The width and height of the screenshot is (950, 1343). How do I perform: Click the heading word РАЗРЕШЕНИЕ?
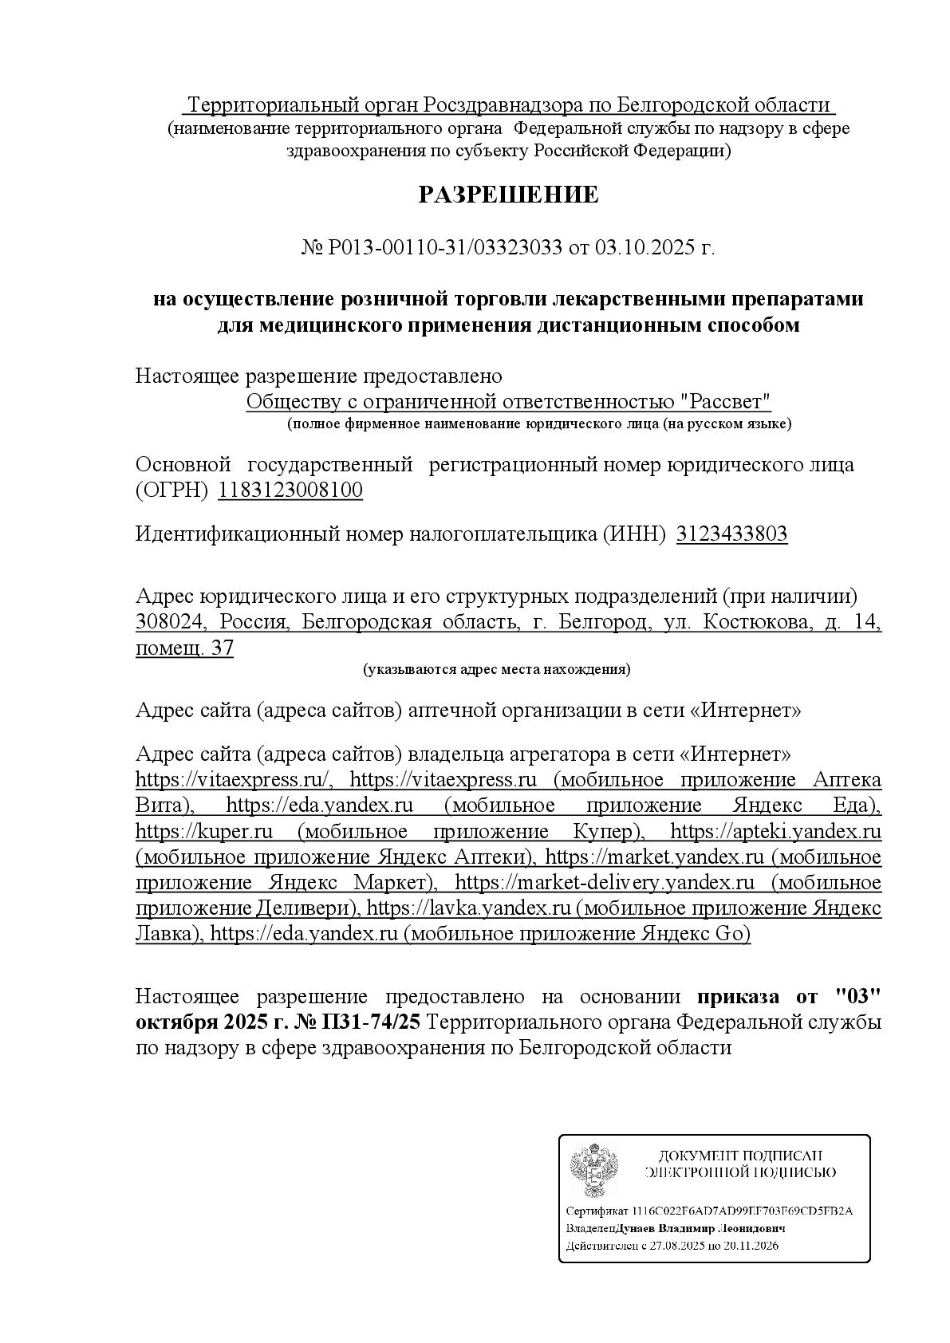pos(508,195)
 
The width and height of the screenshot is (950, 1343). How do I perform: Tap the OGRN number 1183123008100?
pos(290,490)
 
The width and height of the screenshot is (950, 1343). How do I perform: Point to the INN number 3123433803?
pos(731,534)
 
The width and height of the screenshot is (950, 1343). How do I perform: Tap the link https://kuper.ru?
pos(204,832)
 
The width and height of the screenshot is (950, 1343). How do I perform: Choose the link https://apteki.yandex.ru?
pos(775,832)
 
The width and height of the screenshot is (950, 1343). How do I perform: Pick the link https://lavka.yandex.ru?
pos(469,908)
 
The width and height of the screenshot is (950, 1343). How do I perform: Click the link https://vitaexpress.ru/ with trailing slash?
pos(233,779)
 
